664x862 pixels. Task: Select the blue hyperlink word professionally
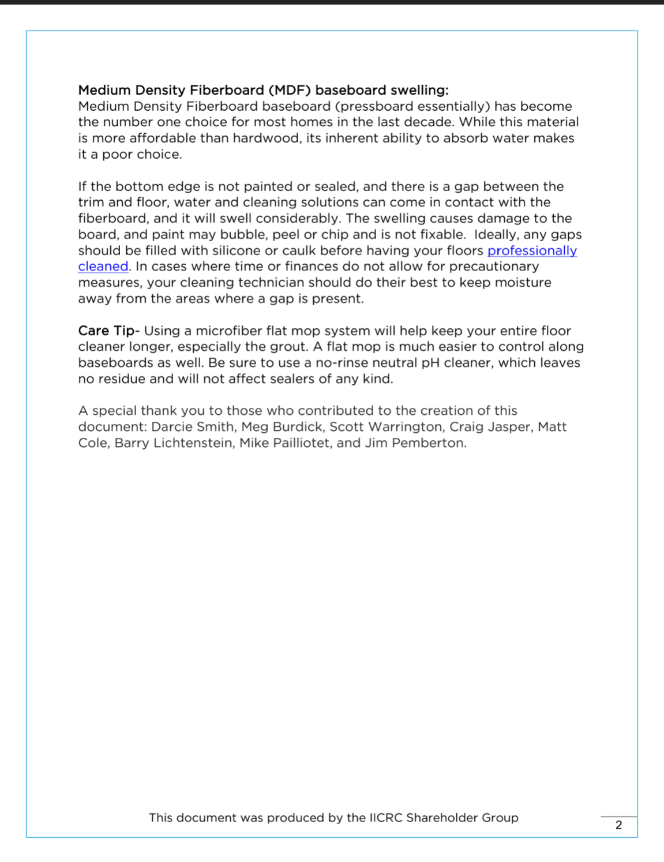pyautogui.click(x=532, y=250)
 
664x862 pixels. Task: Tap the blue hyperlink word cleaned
pyautogui.click(x=103, y=267)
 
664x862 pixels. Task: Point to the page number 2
pyautogui.click(x=618, y=824)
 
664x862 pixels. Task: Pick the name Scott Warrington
pyautogui.click(x=386, y=427)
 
